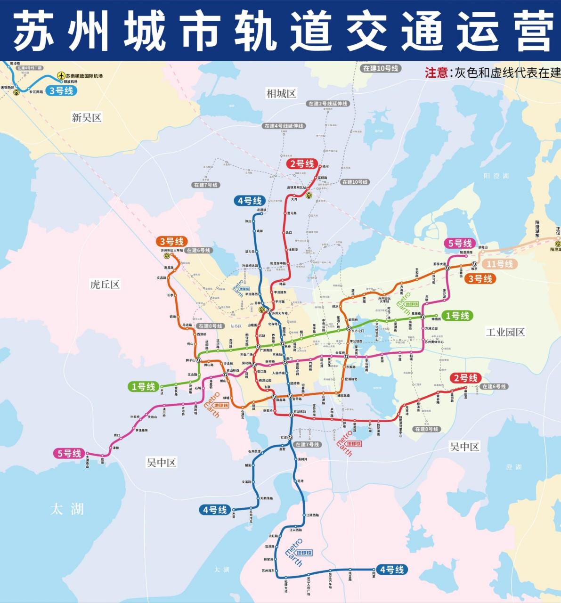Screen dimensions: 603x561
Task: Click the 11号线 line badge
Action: click(499, 264)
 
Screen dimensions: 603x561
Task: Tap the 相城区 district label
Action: click(281, 93)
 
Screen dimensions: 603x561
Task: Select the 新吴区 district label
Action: click(86, 117)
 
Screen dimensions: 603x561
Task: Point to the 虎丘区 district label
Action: click(105, 284)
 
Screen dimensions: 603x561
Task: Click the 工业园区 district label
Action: click(505, 332)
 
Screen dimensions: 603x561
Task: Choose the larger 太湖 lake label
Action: click(67, 509)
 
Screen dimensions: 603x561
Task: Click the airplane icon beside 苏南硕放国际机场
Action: click(60, 75)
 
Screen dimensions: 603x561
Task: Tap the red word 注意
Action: click(436, 73)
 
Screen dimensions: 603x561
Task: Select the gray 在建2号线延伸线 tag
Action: click(328, 104)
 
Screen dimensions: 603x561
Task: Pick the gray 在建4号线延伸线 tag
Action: click(284, 126)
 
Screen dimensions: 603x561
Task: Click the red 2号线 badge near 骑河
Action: click(301, 164)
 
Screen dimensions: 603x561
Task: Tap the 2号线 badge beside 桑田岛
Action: click(465, 378)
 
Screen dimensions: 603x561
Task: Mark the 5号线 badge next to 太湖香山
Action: click(69, 454)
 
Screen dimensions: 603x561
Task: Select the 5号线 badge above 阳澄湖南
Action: click(460, 244)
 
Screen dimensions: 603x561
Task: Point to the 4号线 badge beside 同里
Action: click(391, 570)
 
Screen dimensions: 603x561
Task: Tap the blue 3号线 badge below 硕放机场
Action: click(61, 91)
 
